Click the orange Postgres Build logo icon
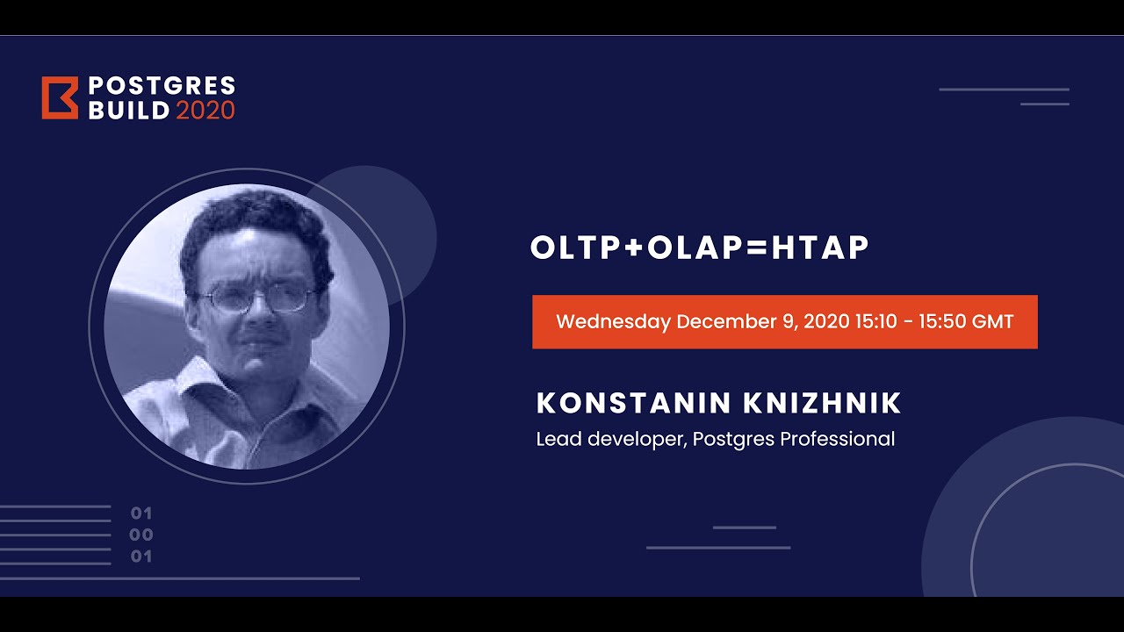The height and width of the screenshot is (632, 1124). [x=60, y=97]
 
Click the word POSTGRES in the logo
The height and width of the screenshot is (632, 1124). [x=162, y=86]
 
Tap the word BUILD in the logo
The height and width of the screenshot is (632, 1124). [x=128, y=111]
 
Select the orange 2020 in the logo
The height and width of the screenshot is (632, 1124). [x=205, y=111]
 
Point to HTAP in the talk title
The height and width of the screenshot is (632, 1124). [x=820, y=248]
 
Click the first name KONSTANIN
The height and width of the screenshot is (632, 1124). [x=633, y=404]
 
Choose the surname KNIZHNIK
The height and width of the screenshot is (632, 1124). [x=822, y=404]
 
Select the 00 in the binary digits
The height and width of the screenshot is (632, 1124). [x=140, y=535]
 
